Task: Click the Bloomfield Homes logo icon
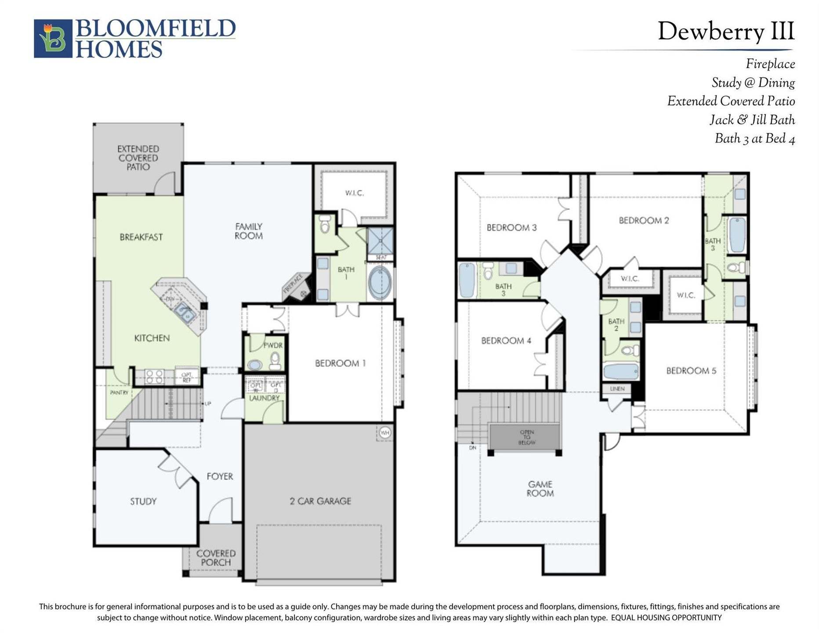click(53, 39)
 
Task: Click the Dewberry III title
click(725, 32)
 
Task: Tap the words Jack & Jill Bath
click(752, 120)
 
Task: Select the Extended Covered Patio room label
click(138, 158)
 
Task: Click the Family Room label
click(249, 231)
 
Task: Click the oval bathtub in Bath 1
click(381, 283)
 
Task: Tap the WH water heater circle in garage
click(385, 433)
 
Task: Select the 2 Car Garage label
click(320, 501)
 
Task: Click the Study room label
click(143, 502)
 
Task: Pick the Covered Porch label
click(216, 558)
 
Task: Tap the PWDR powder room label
click(273, 346)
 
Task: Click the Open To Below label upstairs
click(526, 437)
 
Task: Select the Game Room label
click(540, 489)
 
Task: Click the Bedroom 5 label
click(691, 371)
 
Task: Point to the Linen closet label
click(617, 389)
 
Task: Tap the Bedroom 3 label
click(511, 228)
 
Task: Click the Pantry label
click(119, 392)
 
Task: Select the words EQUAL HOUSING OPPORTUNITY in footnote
click(666, 618)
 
